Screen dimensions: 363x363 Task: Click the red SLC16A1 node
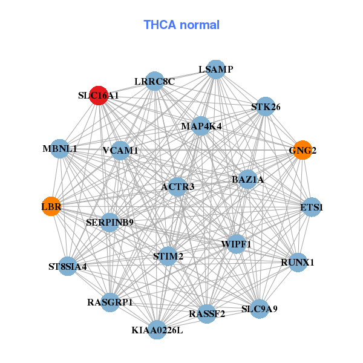click(99, 96)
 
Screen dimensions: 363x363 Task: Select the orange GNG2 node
click(302, 150)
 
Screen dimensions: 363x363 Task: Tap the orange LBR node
click(51, 206)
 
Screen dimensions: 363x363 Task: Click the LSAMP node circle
click(216, 70)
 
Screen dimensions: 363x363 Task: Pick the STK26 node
click(266, 106)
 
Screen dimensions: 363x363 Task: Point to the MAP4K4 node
click(201, 126)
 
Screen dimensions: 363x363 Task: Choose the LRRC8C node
click(155, 81)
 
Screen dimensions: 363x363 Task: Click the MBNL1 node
click(60, 149)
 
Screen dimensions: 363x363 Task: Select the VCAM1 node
click(120, 151)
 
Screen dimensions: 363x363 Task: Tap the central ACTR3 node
click(177, 187)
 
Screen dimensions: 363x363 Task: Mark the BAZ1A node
click(247, 180)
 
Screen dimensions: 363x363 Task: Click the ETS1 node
click(312, 207)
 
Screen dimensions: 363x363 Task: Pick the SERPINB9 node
click(110, 223)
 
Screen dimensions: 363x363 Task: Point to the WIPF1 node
click(237, 244)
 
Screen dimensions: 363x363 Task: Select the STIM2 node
click(168, 256)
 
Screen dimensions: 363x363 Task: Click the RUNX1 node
click(298, 263)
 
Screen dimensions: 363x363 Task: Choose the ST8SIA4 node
click(68, 266)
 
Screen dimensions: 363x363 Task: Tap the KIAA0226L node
click(157, 330)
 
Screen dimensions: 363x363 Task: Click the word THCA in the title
click(160, 25)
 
